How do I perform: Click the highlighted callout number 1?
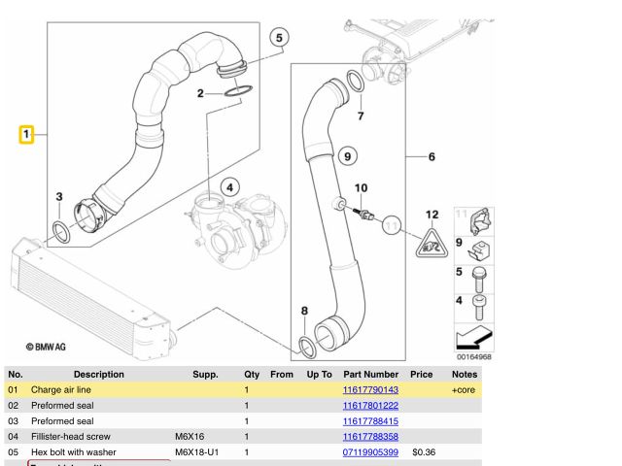pos(27,133)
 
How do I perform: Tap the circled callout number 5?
pos(279,39)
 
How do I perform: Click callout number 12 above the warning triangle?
pos(432,214)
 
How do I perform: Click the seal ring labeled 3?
pos(60,231)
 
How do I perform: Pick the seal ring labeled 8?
pos(305,345)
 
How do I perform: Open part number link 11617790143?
pos(370,389)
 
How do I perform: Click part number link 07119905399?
pos(370,451)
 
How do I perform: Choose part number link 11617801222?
pos(370,405)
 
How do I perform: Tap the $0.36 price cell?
pos(422,451)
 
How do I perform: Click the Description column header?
pos(98,374)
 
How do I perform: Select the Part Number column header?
pos(370,374)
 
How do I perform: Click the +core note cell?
pos(465,389)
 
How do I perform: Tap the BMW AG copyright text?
pos(47,346)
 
